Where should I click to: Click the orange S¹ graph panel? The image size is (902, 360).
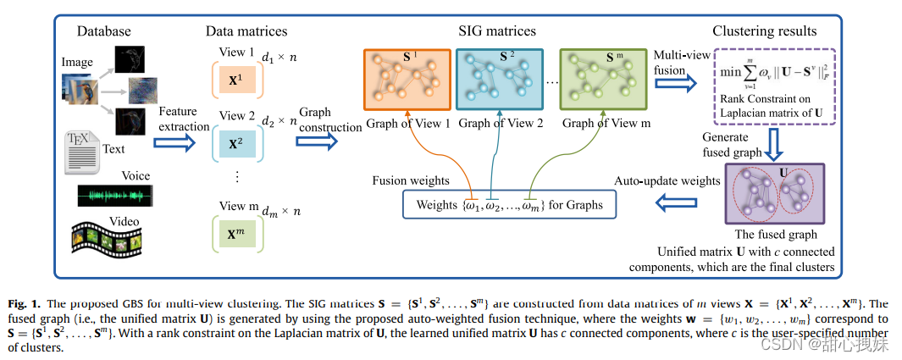407,80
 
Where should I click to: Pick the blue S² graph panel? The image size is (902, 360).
500,80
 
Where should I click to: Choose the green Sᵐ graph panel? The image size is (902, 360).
603,80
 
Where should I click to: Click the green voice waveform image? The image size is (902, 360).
114,197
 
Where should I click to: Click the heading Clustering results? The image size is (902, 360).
764,31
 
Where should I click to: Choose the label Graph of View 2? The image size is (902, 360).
501,123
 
